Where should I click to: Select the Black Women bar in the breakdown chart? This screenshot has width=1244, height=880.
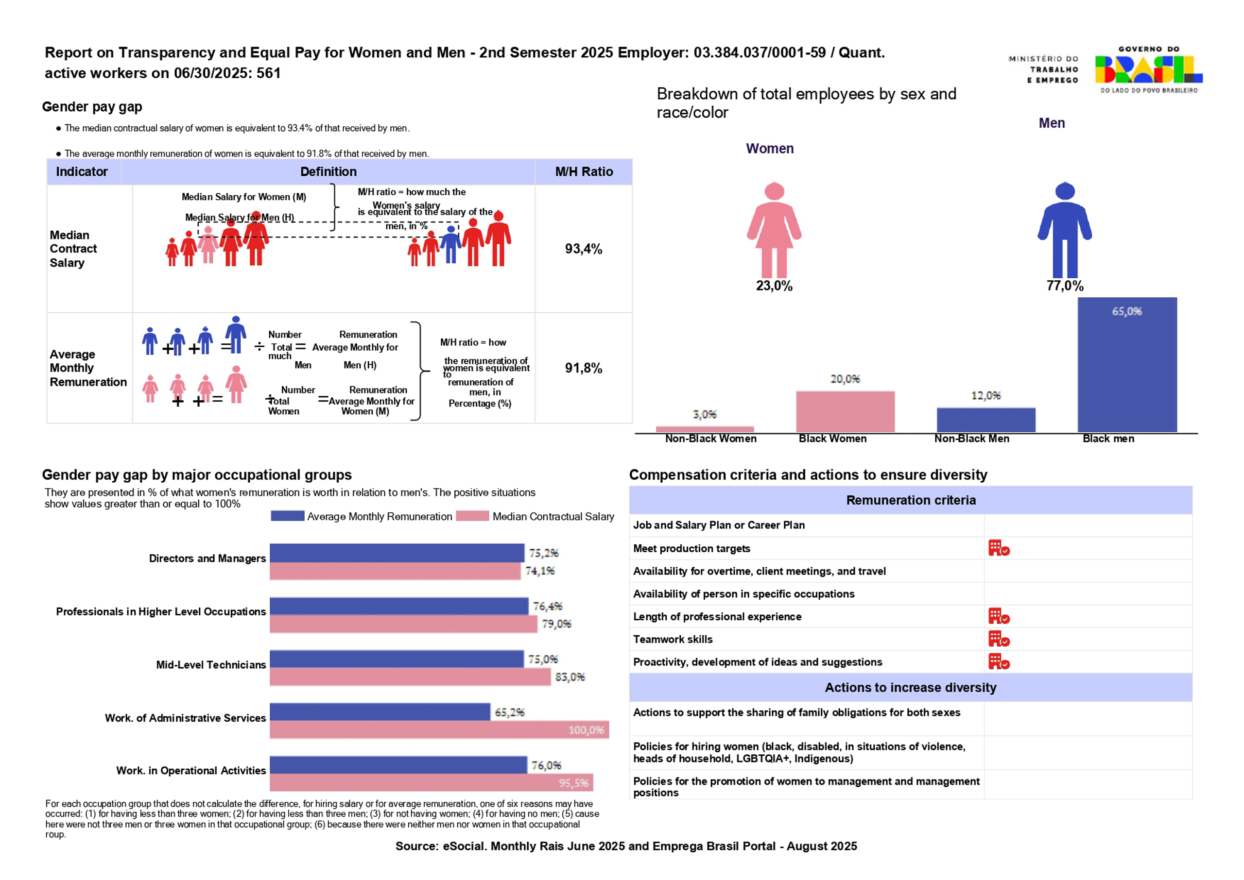coord(845,411)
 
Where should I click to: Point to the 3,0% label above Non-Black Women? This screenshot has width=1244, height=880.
coord(704,415)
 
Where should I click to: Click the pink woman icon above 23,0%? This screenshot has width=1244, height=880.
coord(774,230)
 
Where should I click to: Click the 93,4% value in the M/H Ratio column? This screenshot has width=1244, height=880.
coord(583,249)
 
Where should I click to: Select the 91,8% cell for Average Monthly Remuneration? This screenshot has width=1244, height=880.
coord(583,368)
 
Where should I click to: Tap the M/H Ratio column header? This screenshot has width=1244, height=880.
coord(584,172)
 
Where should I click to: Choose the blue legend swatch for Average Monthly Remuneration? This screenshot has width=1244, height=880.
coord(287,516)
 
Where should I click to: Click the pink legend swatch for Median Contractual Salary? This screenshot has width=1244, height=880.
coord(472,516)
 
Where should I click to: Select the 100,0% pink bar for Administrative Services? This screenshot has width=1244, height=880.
coord(439,729)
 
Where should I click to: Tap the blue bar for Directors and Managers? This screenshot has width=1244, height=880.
coord(397,553)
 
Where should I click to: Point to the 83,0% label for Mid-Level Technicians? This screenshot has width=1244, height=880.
coord(570,677)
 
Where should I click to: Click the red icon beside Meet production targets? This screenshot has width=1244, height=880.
coord(999,548)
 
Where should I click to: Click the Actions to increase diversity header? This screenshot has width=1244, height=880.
coord(910,687)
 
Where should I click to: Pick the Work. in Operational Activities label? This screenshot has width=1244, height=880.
coord(191,770)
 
